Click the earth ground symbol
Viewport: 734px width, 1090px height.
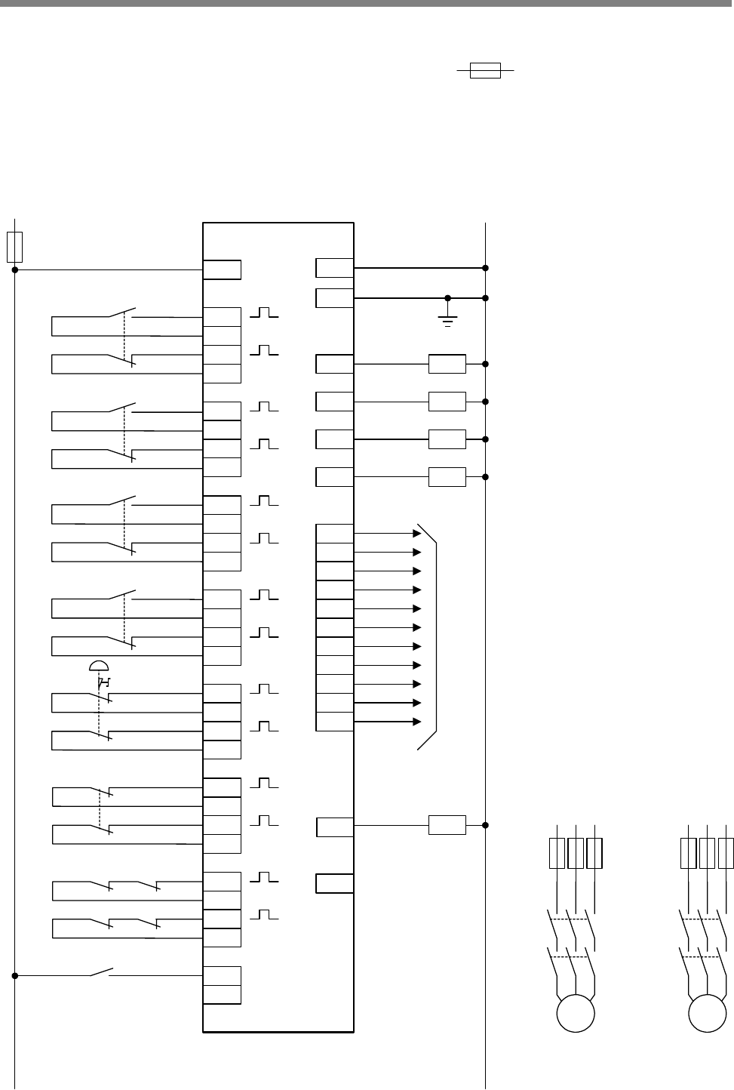(448, 322)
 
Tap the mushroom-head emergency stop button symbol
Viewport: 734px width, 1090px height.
(99, 665)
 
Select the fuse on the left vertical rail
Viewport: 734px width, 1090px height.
(14, 246)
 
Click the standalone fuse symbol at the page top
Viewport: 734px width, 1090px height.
(485, 71)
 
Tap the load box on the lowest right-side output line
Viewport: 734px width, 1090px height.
(447, 825)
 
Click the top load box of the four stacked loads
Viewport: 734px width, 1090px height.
(447, 364)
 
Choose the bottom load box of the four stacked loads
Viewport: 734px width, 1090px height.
(447, 477)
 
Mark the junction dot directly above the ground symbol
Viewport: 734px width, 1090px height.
(448, 298)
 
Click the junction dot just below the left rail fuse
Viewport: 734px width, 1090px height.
(15, 269)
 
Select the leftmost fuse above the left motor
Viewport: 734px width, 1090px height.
(557, 852)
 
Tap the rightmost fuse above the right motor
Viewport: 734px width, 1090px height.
(726, 852)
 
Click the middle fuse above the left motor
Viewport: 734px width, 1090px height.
(576, 852)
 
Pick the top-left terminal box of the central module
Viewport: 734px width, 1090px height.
(223, 269)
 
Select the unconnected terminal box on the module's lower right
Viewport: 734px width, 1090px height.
(334, 883)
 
